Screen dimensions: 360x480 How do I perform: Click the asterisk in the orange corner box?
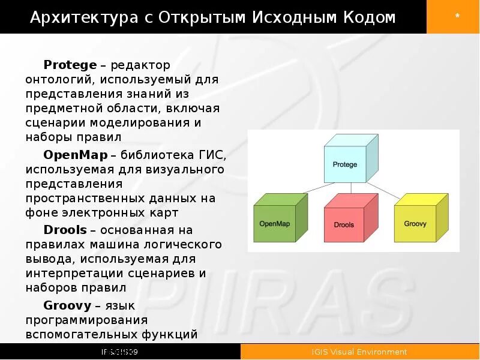click(457, 17)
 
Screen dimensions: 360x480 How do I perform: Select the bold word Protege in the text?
click(70, 65)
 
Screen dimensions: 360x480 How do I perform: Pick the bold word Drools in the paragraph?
click(66, 230)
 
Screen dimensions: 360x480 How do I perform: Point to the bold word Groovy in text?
click(67, 305)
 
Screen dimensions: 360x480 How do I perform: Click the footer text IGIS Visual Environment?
click(359, 352)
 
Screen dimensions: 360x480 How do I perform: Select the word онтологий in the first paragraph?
click(59, 79)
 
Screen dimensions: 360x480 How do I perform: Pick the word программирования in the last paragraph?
click(86, 320)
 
